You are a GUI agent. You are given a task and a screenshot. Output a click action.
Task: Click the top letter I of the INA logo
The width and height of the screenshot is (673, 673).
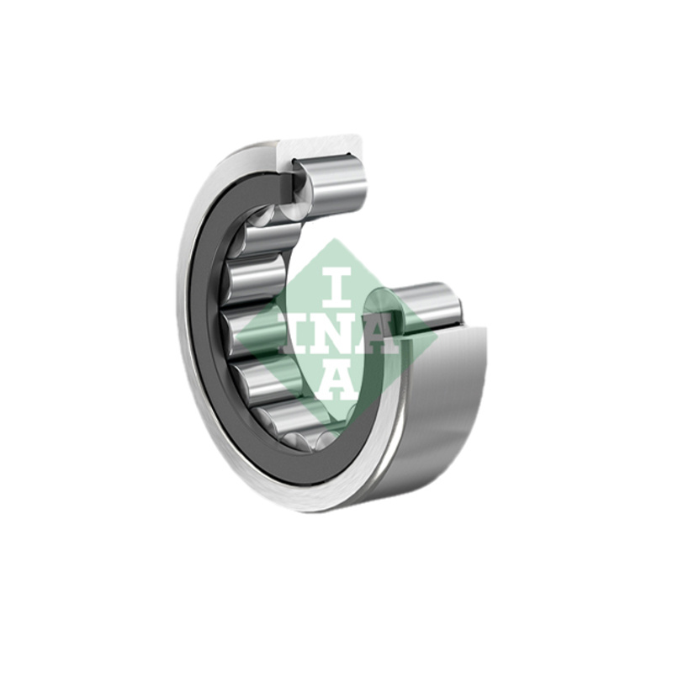(336, 289)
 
